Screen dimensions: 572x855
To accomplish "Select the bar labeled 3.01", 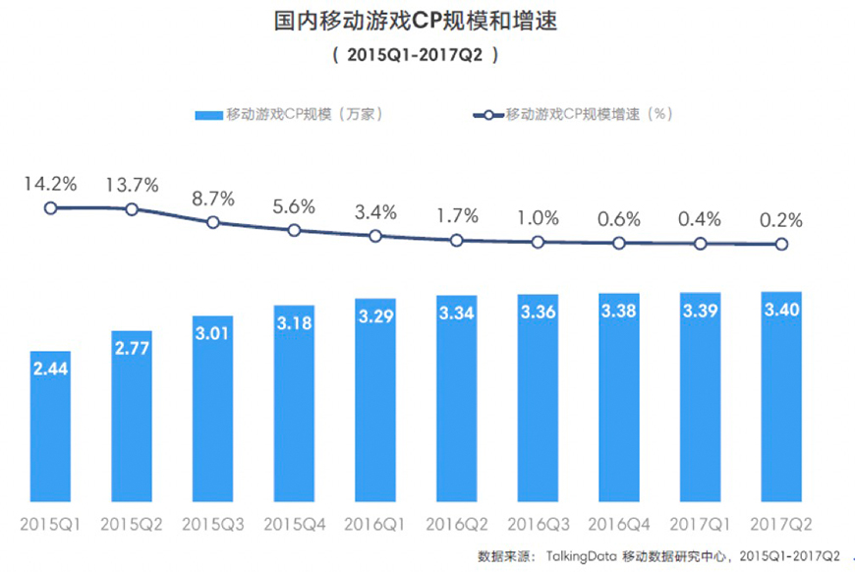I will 213,408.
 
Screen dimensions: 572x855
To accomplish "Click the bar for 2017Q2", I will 781,393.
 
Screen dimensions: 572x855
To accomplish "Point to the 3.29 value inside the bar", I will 375,317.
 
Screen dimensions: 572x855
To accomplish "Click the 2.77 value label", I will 132,350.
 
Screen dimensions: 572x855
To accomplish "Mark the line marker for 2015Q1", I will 50,207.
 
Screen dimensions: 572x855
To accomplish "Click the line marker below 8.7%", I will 213,222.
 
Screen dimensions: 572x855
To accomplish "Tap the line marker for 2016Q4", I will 619,243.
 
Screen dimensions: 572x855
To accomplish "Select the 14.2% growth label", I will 50,182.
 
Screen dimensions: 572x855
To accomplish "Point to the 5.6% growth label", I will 294,205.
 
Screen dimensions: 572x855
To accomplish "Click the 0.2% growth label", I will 781,219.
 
